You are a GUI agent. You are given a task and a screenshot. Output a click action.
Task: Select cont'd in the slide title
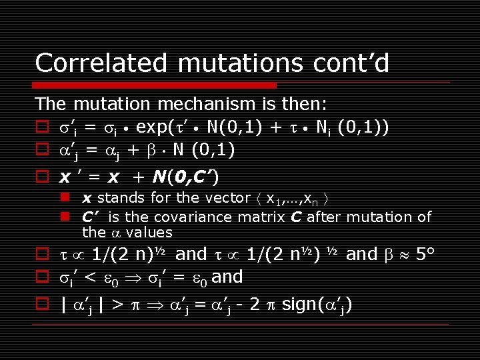352,63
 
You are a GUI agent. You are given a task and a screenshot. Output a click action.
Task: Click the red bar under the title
155,85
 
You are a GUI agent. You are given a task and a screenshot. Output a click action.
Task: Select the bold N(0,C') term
184,177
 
